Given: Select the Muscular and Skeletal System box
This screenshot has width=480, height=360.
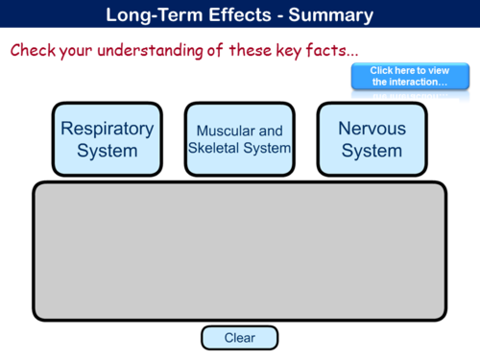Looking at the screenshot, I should (x=239, y=139).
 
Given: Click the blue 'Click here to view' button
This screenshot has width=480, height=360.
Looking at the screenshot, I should (x=409, y=77).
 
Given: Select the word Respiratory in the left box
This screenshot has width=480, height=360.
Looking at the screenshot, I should (x=107, y=129).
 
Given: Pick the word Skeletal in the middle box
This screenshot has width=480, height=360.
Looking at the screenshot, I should (x=217, y=149).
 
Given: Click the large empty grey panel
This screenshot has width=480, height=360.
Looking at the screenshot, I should (x=239, y=252).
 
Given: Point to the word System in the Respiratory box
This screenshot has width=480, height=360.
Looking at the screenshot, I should (x=107, y=151).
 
